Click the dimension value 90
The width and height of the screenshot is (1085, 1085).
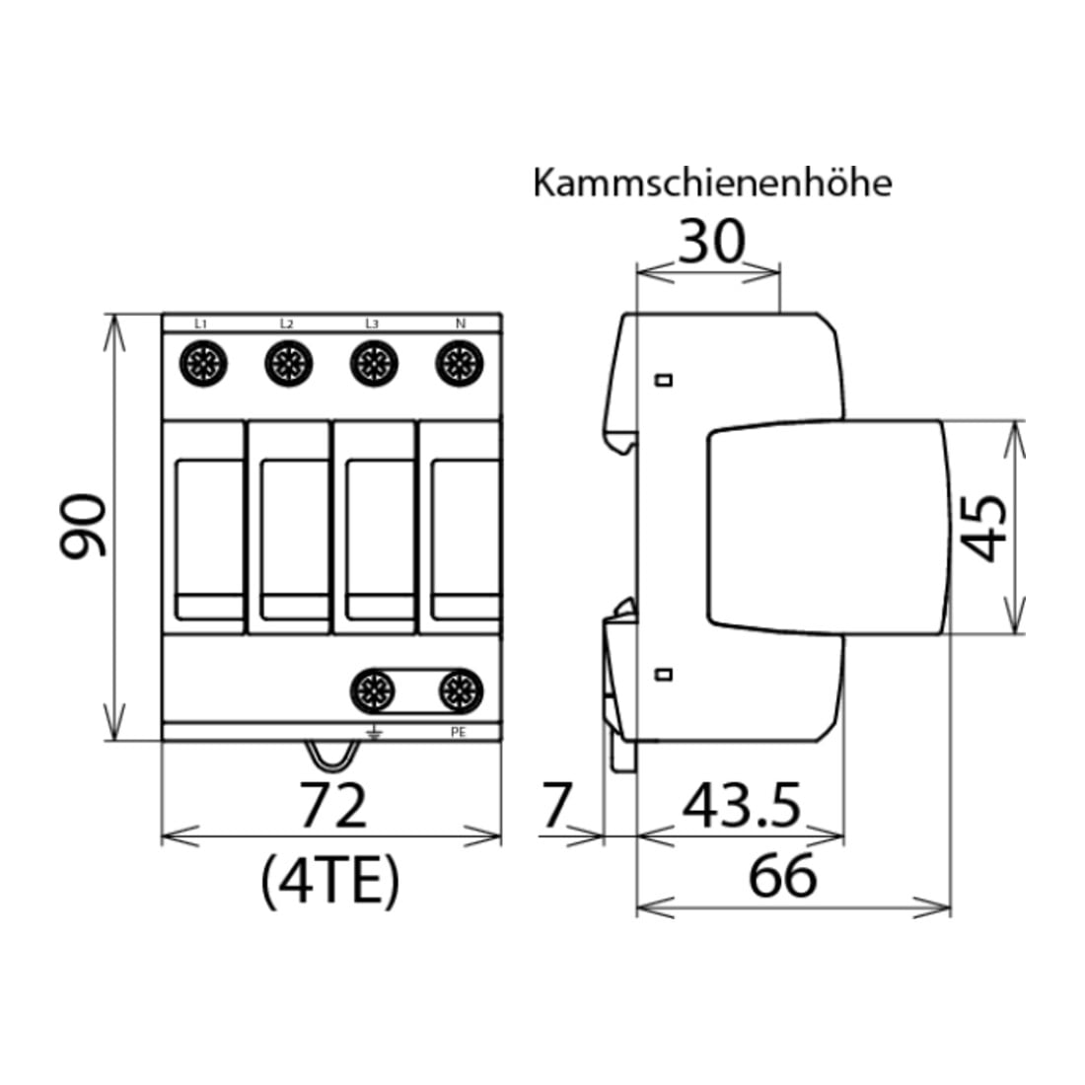point(83,525)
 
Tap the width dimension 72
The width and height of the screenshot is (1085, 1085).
point(332,805)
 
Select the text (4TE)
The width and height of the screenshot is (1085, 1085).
point(330,882)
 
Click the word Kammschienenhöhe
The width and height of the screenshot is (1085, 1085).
point(712,183)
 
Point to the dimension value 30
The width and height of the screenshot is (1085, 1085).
point(711,242)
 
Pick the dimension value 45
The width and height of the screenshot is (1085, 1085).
point(984,527)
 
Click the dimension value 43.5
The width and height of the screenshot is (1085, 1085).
point(742,805)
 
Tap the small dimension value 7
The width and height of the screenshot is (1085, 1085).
point(555,805)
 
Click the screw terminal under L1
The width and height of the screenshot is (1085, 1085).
point(203,363)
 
